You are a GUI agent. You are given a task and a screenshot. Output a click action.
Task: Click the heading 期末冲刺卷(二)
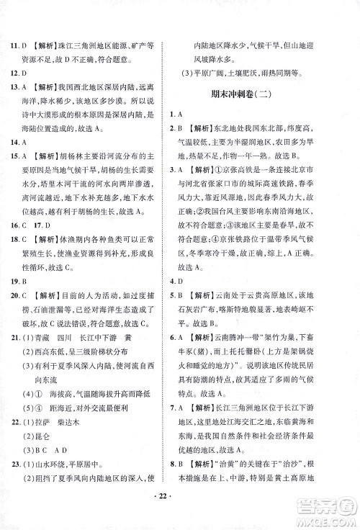click(262, 96)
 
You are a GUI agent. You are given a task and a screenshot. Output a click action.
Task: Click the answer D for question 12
click(32, 57)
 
